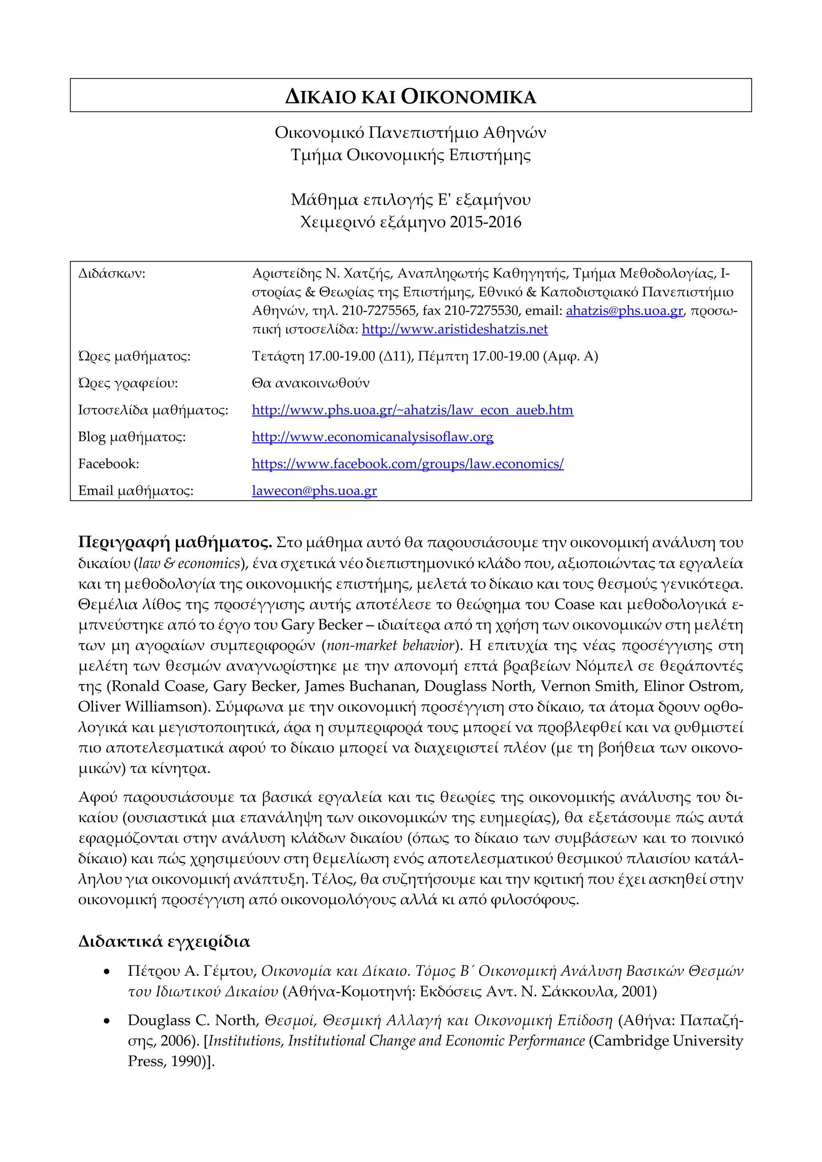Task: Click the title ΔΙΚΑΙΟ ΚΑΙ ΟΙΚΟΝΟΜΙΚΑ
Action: (x=411, y=96)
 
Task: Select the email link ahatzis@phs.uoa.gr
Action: (x=624, y=311)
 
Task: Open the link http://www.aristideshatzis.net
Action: (x=454, y=329)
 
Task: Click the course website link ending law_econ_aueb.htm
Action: (x=413, y=410)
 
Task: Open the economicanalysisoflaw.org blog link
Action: (x=372, y=437)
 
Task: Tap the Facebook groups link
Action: (x=407, y=463)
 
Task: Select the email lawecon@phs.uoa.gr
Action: (x=314, y=490)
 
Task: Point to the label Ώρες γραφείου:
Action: (x=128, y=383)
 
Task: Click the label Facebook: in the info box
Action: (x=108, y=463)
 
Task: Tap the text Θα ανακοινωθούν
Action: (x=310, y=383)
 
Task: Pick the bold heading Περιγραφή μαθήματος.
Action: (x=175, y=542)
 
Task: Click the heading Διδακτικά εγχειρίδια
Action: (x=164, y=942)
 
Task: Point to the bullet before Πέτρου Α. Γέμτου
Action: (x=106, y=972)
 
